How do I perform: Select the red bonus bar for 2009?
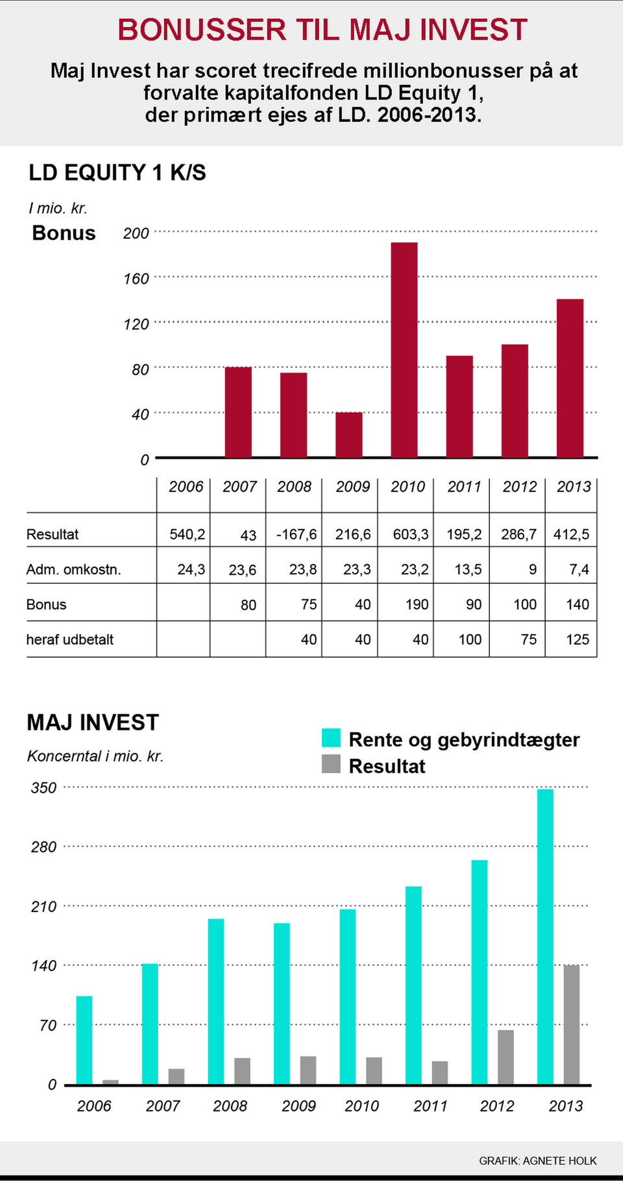pyautogui.click(x=348, y=434)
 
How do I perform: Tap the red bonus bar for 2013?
pyautogui.click(x=570, y=378)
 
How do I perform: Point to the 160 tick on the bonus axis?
pyautogui.click(x=136, y=279)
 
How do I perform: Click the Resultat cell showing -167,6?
pyautogui.click(x=297, y=534)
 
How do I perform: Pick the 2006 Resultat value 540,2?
pyautogui.click(x=187, y=534)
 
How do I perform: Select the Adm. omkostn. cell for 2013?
pyautogui.click(x=579, y=569)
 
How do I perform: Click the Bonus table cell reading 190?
pyautogui.click(x=417, y=604)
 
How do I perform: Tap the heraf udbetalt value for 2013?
pyautogui.click(x=577, y=640)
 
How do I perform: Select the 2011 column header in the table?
pyautogui.click(x=464, y=487)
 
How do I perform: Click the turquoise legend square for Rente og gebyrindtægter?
pyautogui.click(x=331, y=738)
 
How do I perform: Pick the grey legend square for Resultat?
pyautogui.click(x=331, y=764)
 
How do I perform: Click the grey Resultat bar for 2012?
pyautogui.click(x=506, y=1056)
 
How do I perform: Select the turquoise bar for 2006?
pyautogui.click(x=84, y=1039)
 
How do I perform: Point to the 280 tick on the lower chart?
pyautogui.click(x=43, y=847)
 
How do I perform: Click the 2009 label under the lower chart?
pyautogui.click(x=299, y=1106)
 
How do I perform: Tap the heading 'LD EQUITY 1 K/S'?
pyautogui.click(x=117, y=173)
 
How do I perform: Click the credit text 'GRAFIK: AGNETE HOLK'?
pyautogui.click(x=538, y=1160)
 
